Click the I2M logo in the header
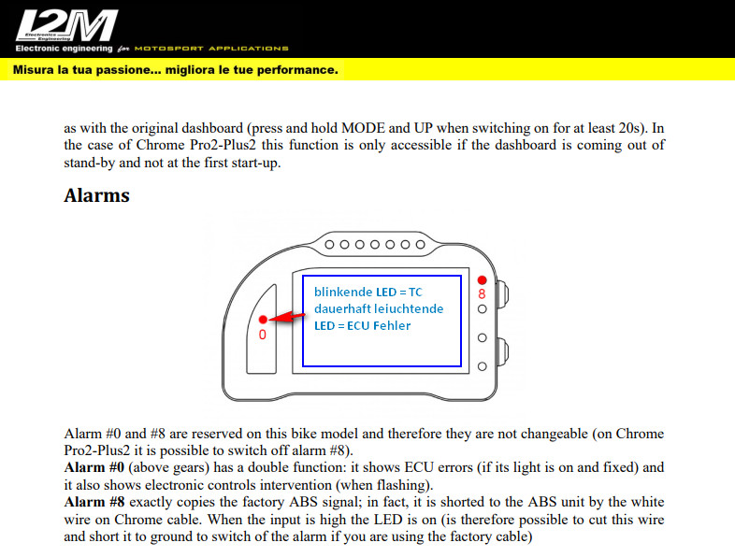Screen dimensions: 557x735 [x=66, y=25]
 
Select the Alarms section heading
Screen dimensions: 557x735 [x=96, y=195]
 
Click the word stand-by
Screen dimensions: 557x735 [x=90, y=162]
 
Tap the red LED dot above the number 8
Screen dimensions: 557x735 [x=482, y=279]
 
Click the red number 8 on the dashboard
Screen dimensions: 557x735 [x=482, y=293]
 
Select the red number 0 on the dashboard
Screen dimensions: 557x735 [x=263, y=334]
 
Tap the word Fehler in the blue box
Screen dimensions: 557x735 [x=387, y=325]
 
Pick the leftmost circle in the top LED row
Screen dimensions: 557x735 [x=331, y=244]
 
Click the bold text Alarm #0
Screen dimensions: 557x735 [x=97, y=467]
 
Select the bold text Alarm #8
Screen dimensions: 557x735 [x=97, y=503]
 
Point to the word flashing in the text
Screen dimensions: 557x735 [x=405, y=485]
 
